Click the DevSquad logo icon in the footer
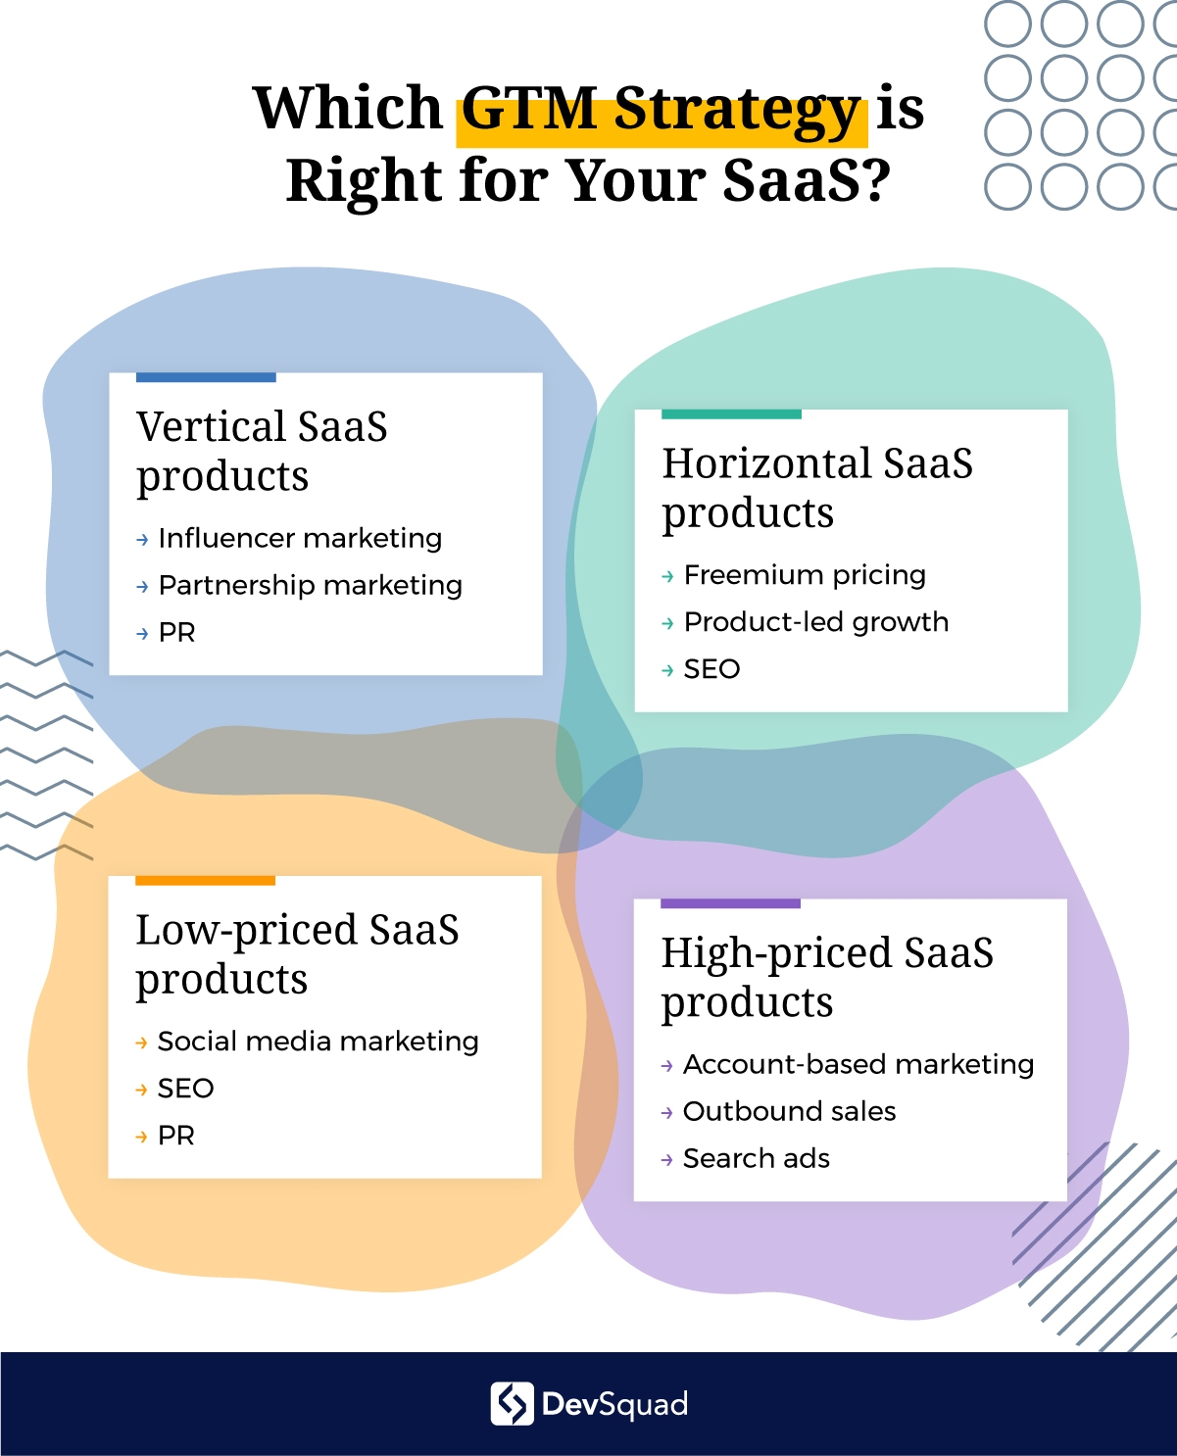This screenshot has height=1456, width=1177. click(x=512, y=1404)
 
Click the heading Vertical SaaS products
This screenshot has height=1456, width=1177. click(x=262, y=451)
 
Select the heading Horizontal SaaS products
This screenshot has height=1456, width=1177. click(x=817, y=487)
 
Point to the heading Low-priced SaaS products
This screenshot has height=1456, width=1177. click(x=297, y=953)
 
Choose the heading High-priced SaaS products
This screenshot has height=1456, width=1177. click(x=827, y=977)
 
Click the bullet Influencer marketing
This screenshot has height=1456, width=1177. click(x=300, y=539)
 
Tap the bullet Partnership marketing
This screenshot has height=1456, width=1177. click(x=311, y=586)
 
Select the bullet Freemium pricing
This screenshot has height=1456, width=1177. click(x=806, y=575)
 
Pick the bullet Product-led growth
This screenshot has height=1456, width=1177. click(x=816, y=623)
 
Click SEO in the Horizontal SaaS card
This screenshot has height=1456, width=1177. click(x=712, y=669)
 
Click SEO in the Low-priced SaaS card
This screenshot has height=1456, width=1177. click(x=186, y=1089)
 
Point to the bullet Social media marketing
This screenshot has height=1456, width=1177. click(x=318, y=1042)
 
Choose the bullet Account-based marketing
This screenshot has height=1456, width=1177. click(x=858, y=1065)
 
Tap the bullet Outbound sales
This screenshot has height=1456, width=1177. click(x=790, y=1112)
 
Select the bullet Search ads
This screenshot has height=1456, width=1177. click(x=757, y=1159)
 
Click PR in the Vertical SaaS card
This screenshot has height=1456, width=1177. click(x=177, y=633)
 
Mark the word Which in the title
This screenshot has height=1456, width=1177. click(x=348, y=108)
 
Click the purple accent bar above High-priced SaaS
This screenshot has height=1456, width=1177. click(x=731, y=903)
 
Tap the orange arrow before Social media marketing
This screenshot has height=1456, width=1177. click(x=141, y=1043)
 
